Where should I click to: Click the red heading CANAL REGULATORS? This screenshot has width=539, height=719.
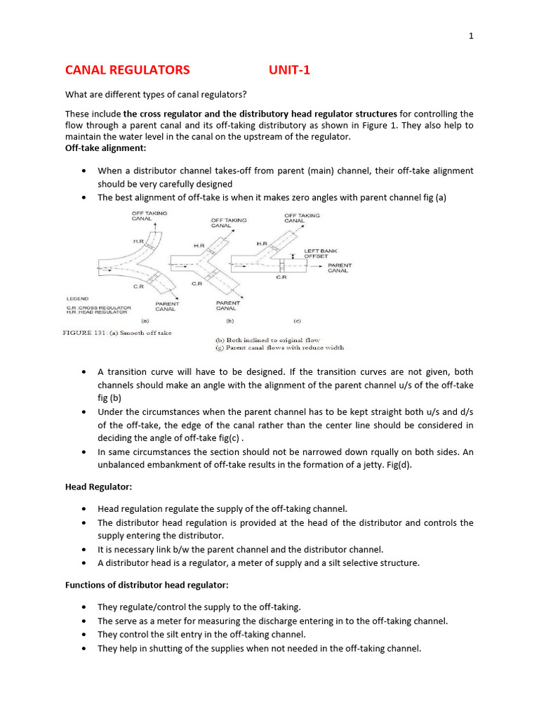(x=127, y=70)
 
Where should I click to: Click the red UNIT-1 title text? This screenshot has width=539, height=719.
(x=289, y=70)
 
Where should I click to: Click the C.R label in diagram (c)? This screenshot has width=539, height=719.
(x=281, y=277)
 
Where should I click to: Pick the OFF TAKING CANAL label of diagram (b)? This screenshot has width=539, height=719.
(x=229, y=223)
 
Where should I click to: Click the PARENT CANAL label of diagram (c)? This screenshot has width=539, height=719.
(x=338, y=268)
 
